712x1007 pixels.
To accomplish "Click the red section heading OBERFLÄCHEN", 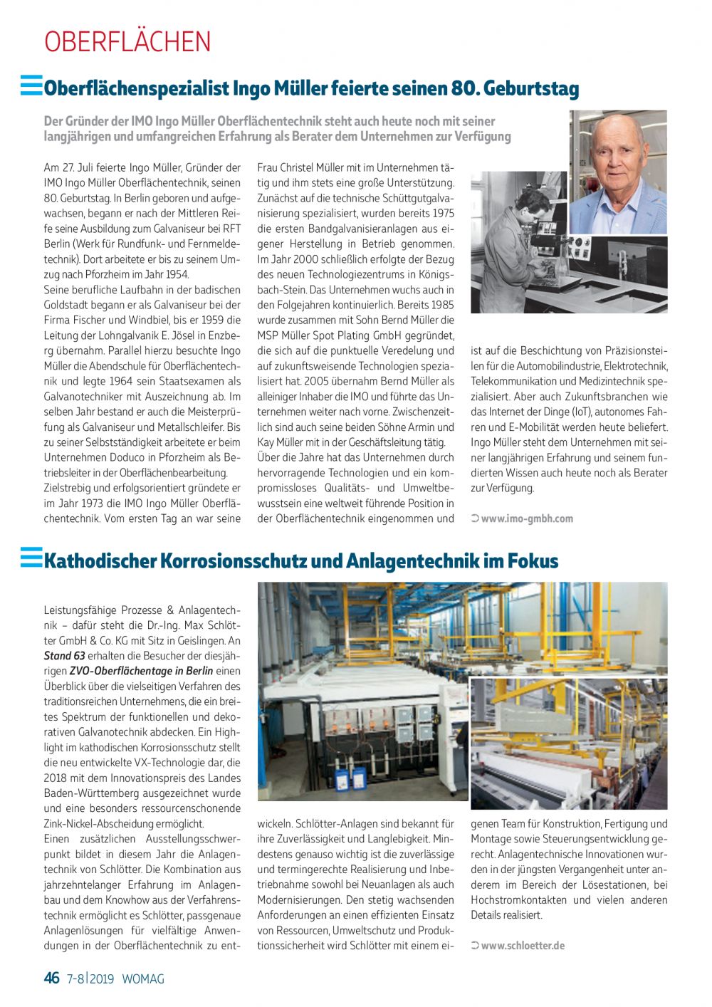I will (x=127, y=42).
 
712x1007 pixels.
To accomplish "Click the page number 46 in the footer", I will (x=52, y=978).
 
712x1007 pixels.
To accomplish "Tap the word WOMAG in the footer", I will (x=143, y=979).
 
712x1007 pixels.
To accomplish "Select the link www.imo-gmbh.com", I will (x=526, y=518).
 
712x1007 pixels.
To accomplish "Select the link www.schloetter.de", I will (x=523, y=946).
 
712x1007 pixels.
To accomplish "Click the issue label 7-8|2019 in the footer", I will (x=91, y=979).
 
